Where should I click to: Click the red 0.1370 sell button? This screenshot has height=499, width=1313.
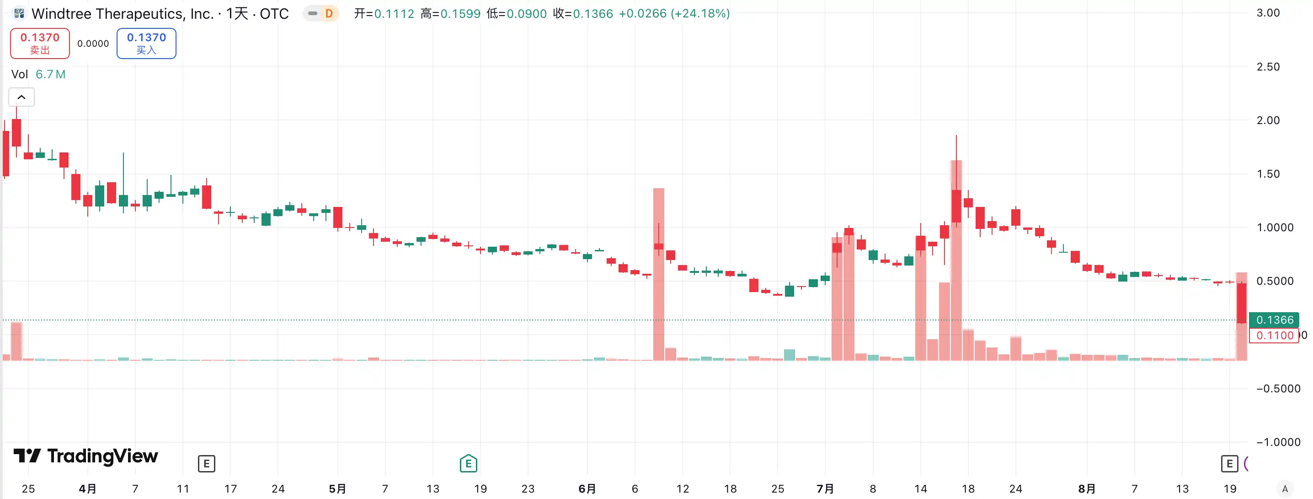click(40, 43)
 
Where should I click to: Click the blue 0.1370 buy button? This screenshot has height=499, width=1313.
click(146, 43)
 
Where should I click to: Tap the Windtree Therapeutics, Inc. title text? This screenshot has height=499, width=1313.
click(123, 14)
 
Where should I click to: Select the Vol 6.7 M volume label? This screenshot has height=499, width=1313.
click(38, 75)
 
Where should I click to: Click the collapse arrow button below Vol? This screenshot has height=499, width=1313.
click(21, 97)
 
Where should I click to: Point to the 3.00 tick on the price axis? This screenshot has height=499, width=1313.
click(1268, 13)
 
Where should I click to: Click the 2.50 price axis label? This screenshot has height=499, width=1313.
click(1268, 67)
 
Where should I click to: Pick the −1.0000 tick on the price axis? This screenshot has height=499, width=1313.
click(1278, 442)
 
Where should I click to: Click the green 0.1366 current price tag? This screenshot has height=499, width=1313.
click(1274, 320)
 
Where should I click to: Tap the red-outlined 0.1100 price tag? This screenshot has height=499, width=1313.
click(1274, 336)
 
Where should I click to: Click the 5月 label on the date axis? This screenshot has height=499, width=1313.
click(337, 489)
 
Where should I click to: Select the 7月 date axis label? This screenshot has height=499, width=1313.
click(825, 489)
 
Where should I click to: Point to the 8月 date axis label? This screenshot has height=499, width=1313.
click(1087, 489)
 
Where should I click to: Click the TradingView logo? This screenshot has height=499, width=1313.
click(85, 456)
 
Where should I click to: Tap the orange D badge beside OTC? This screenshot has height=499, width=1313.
click(329, 14)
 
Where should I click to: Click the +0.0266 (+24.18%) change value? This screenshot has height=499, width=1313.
click(674, 14)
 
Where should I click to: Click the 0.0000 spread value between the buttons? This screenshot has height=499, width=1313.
click(93, 44)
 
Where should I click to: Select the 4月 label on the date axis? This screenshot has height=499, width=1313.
click(87, 489)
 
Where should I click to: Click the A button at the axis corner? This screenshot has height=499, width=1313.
click(1285, 488)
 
